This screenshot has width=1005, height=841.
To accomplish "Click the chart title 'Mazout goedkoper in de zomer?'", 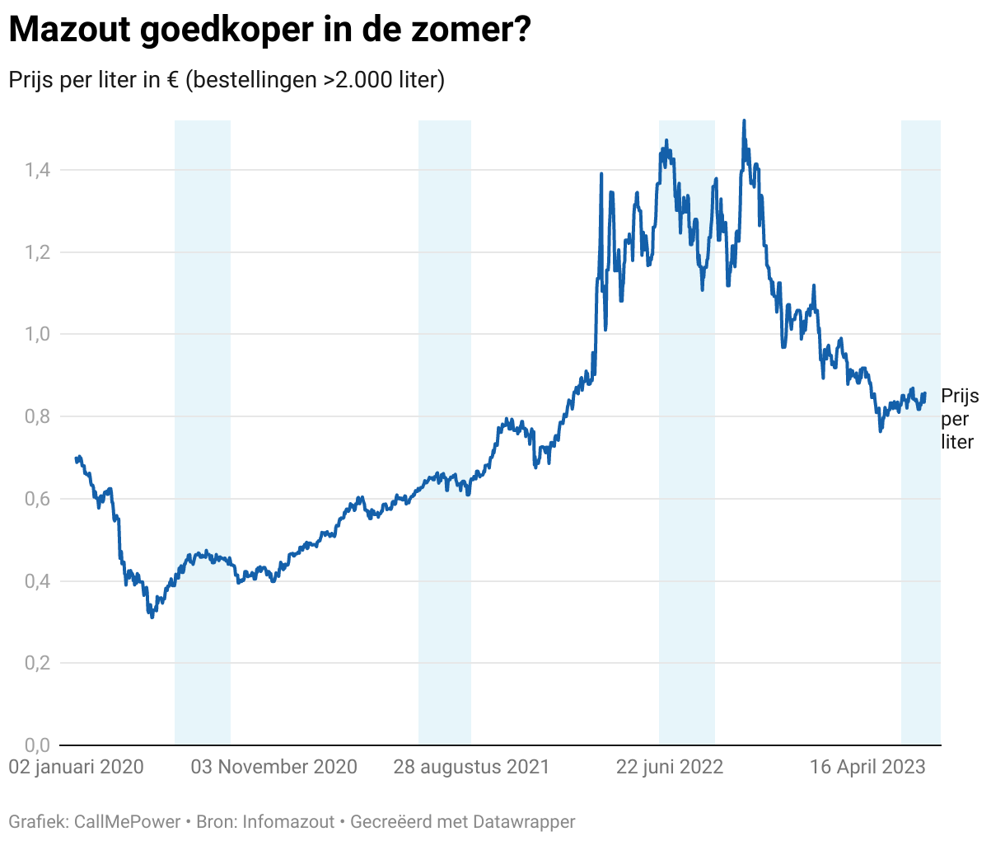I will pyautogui.click(x=269, y=31).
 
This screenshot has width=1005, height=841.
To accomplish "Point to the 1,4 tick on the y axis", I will pyautogui.click(x=37, y=170).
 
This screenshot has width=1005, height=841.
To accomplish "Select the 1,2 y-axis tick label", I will pyautogui.click(x=37, y=252).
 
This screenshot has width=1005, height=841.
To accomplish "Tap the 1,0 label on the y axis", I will pyautogui.click(x=37, y=334).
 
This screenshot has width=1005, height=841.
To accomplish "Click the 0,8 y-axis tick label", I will pyautogui.click(x=37, y=416).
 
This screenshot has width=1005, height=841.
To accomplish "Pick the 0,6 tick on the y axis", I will pyautogui.click(x=37, y=499).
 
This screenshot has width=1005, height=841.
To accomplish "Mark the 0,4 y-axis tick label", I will pyautogui.click(x=37, y=581).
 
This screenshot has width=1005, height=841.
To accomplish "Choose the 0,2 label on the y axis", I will pyautogui.click(x=37, y=663).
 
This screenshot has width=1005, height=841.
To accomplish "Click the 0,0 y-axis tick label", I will pyautogui.click(x=37, y=745).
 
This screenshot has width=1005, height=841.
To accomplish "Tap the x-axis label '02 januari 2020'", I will pyautogui.click(x=76, y=767).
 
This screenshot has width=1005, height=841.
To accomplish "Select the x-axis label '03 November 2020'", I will pyautogui.click(x=274, y=767).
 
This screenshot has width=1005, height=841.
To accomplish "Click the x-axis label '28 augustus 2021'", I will pyautogui.click(x=471, y=767).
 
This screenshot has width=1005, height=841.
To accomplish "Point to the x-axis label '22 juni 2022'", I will pyautogui.click(x=670, y=767).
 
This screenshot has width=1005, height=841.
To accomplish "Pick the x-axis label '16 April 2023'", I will pyautogui.click(x=867, y=767).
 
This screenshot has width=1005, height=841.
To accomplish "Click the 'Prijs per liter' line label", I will pyautogui.click(x=960, y=419).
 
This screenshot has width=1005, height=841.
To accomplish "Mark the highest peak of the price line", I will pyautogui.click(x=744, y=121).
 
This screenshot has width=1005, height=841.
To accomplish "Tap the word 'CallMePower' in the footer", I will pyautogui.click(x=127, y=821).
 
